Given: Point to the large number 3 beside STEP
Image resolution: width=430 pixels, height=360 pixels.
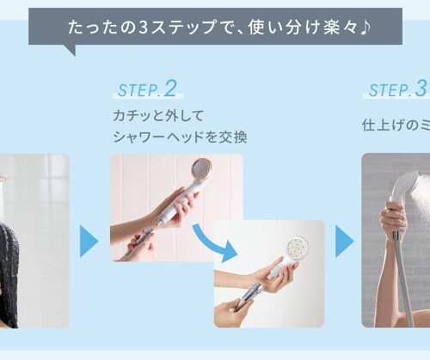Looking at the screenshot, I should (x=421, y=89).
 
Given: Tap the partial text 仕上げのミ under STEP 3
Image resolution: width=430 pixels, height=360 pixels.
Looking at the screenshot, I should (x=395, y=125).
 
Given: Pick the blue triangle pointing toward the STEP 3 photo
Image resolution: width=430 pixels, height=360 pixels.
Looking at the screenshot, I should (x=344, y=241).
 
